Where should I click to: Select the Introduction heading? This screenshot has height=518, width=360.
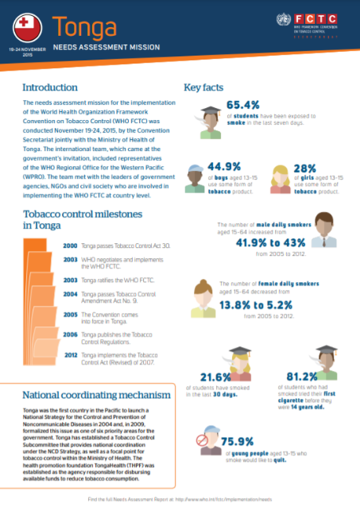(x=50, y=87)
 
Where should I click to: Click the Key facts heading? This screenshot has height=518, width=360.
(x=204, y=87)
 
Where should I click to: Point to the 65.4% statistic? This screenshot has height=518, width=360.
(x=245, y=105)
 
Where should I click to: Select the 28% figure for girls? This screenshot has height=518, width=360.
(x=307, y=167)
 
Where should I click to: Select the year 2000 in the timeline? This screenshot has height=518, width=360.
(x=70, y=246)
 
